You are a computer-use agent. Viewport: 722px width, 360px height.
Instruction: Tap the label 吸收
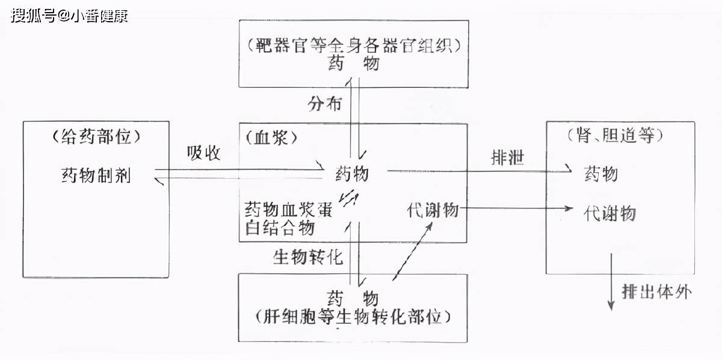203,154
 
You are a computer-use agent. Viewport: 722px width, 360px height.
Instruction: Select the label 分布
324,104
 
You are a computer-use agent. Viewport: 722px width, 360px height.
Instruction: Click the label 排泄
507,158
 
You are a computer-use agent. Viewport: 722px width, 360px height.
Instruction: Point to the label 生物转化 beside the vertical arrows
308,258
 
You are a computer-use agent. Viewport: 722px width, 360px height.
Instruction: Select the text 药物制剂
96,175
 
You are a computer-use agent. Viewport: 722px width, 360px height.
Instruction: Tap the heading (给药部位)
96,137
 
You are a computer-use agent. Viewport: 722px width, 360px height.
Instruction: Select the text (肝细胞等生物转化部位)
354,315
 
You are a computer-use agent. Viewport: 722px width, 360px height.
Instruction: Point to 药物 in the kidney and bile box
600,175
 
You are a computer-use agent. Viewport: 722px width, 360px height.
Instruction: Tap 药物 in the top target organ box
354,63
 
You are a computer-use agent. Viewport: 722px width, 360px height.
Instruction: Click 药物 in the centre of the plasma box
351,175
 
